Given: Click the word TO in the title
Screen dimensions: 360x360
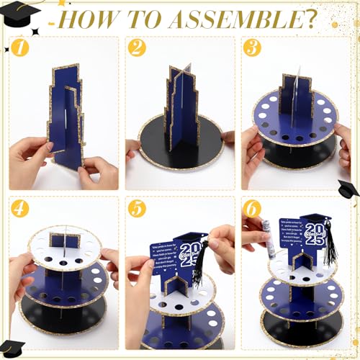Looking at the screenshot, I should coord(143,17).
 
